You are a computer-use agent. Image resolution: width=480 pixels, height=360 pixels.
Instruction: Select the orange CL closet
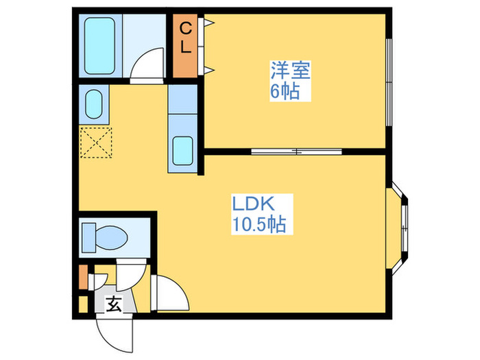184,45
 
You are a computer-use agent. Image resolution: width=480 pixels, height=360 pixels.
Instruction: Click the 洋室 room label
291,70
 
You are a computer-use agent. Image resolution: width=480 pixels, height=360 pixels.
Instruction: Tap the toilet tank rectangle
88,237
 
